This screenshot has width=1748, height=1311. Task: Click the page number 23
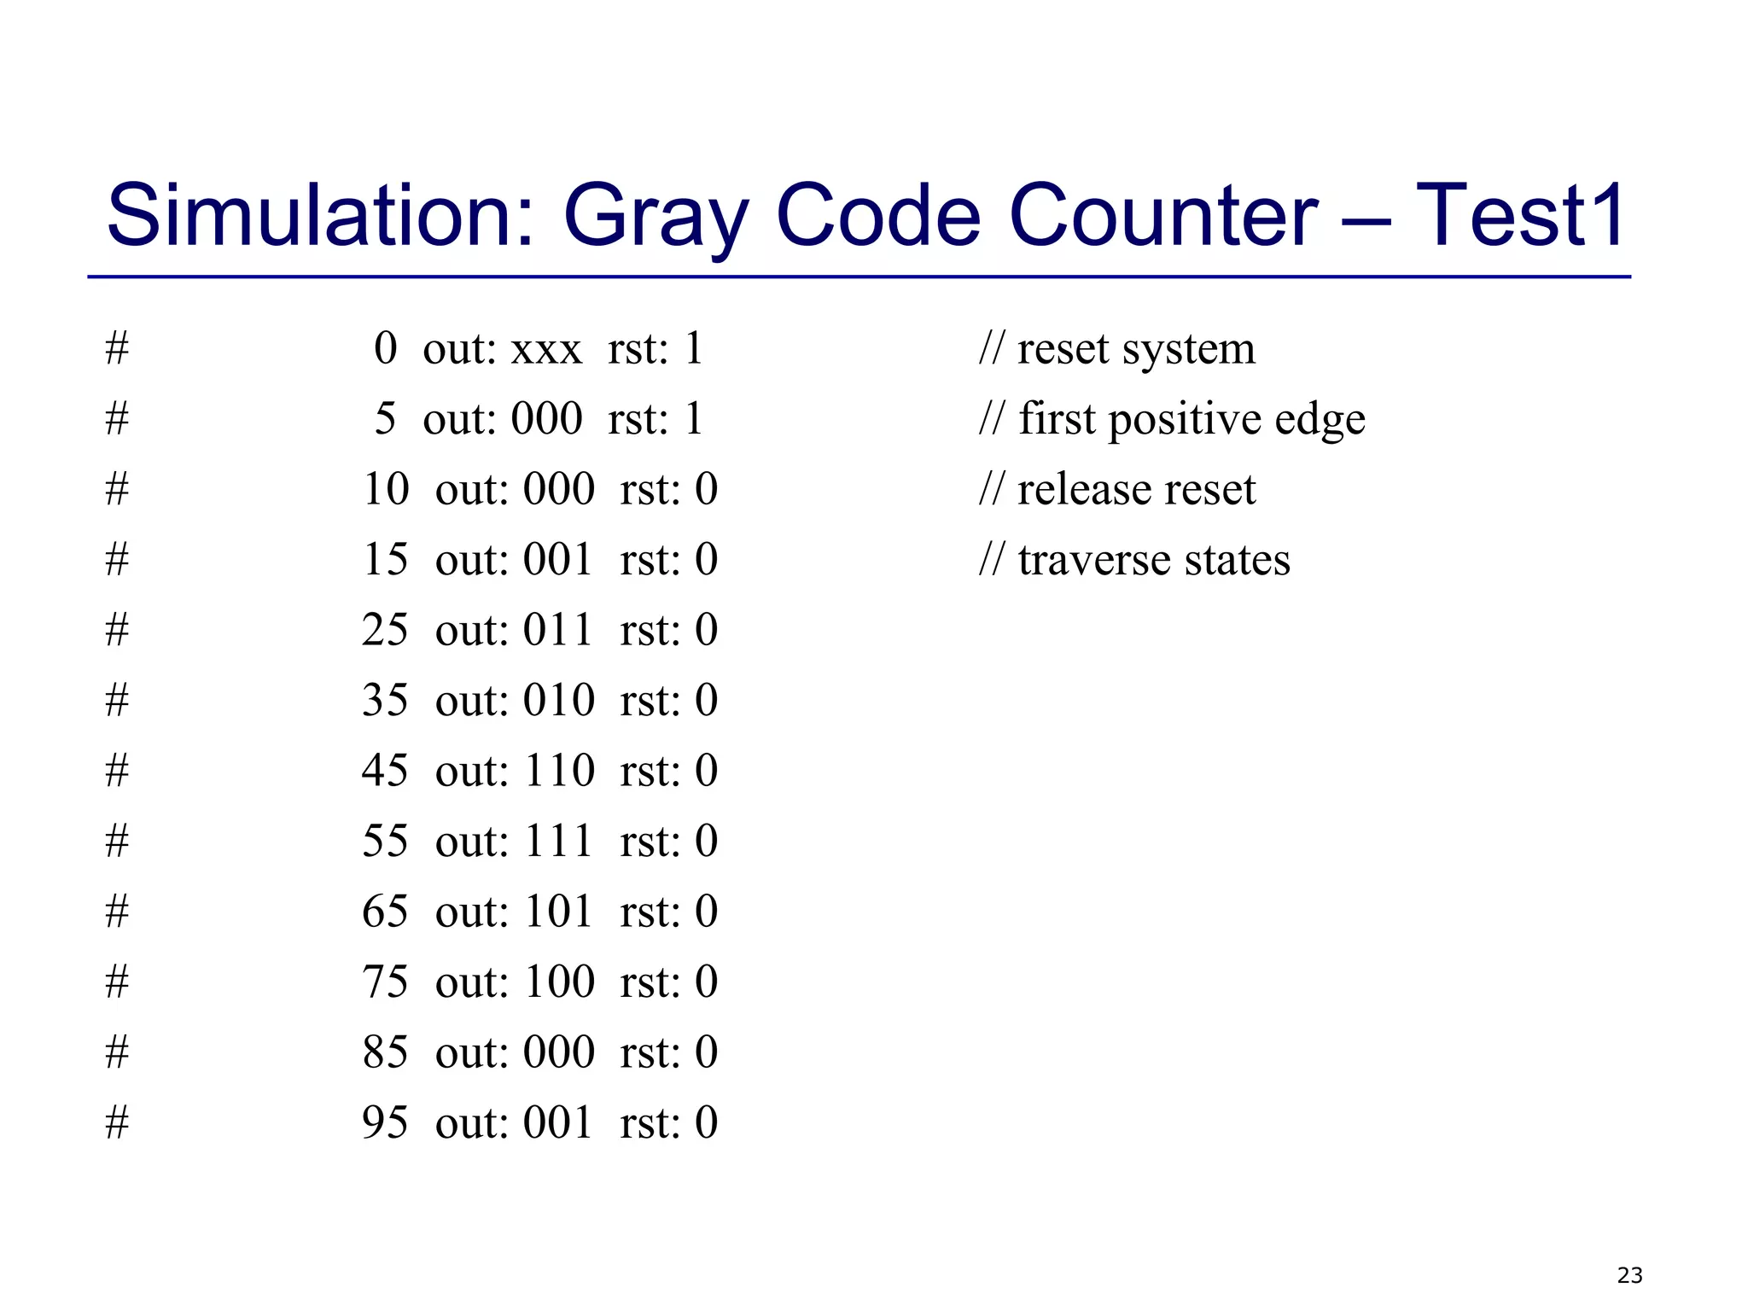(1629, 1275)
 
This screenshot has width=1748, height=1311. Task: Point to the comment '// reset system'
(1117, 348)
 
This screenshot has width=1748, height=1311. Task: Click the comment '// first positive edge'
(1172, 419)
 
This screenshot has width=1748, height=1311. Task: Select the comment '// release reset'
(1117, 489)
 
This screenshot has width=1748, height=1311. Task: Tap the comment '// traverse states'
(1134, 560)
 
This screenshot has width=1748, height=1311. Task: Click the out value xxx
(546, 349)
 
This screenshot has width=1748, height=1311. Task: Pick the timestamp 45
(385, 770)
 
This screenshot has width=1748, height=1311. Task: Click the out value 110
(559, 770)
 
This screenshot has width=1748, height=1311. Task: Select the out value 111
(558, 841)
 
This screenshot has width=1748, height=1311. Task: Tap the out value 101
(558, 911)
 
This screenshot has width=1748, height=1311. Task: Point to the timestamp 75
(385, 982)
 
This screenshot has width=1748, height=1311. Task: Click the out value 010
(559, 700)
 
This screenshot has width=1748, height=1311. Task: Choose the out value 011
(558, 630)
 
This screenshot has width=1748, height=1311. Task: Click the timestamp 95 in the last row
(385, 1122)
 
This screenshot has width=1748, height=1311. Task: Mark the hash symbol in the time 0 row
(117, 349)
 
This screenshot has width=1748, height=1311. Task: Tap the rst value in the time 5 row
(693, 419)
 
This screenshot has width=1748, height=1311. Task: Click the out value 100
(559, 982)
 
